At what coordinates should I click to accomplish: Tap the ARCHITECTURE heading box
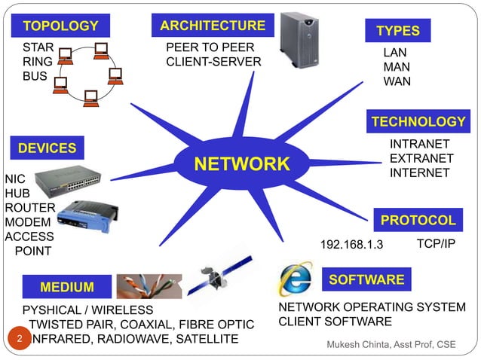[x=213, y=26]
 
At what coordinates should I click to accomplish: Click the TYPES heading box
[x=398, y=31]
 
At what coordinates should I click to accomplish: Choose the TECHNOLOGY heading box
[x=418, y=122]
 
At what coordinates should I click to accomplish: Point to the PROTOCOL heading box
[x=418, y=221]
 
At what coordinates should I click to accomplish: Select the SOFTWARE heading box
[x=366, y=280]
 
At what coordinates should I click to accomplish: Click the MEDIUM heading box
[x=67, y=287]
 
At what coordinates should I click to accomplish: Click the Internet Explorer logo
[x=296, y=279]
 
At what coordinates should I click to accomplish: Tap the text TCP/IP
[x=436, y=245]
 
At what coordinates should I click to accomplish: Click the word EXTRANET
[x=421, y=159]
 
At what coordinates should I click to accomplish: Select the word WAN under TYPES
[x=397, y=81]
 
